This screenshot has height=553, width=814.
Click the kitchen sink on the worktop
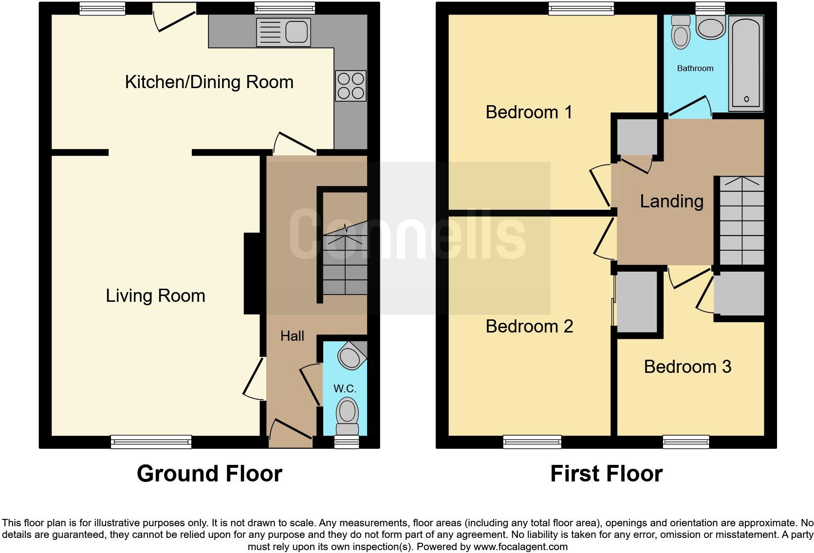283,33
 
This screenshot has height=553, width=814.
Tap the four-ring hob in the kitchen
351,86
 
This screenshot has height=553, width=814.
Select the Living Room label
155,296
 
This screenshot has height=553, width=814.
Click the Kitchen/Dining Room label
209,82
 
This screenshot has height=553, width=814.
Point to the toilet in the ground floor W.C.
347,415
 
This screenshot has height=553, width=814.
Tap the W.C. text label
345,388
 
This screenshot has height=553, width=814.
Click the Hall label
292,336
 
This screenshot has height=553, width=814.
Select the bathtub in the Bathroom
746,63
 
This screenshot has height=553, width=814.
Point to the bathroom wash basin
710,27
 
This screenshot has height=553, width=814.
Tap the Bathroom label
695,69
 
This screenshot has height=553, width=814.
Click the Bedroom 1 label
529,112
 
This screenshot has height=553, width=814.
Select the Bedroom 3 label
687,367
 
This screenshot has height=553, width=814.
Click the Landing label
671,201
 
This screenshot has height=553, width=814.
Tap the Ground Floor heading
209,474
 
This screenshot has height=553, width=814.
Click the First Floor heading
606,474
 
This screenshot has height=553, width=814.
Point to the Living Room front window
151,442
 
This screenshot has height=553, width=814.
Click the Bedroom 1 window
581,8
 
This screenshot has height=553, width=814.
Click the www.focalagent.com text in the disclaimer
520,547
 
